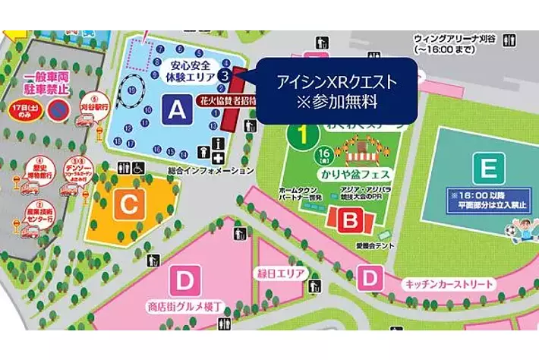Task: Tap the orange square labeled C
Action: (130, 204)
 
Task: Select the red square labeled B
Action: (350, 221)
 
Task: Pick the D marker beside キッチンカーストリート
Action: (370, 279)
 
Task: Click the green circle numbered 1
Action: (301, 134)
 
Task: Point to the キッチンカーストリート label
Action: (449, 285)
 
